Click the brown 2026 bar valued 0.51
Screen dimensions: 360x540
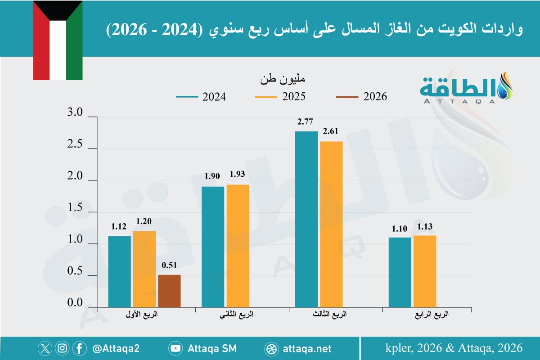click(x=169, y=291)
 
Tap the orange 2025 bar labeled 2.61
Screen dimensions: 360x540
click(x=332, y=224)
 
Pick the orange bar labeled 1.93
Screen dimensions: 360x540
click(x=238, y=246)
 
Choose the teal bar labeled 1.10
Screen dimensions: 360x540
click(x=400, y=272)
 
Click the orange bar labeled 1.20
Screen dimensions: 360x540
click(x=144, y=269)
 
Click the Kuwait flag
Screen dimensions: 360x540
click(x=58, y=40)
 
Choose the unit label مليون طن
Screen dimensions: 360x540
click(x=283, y=80)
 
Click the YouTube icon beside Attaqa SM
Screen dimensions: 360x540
click(x=175, y=348)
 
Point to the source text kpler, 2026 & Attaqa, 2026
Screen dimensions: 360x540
click(x=454, y=348)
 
